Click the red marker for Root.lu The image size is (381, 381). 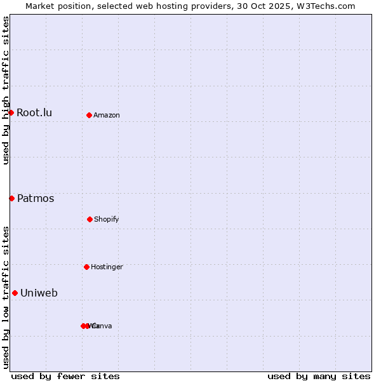click(11, 112)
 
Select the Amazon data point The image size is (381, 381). click(89, 115)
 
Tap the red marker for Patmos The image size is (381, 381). click(11, 198)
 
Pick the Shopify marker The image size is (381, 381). click(90, 219)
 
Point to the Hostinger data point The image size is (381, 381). click(86, 267)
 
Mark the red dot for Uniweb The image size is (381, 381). click(15, 293)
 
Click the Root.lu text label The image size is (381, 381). click(34, 113)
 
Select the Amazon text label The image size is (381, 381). click(107, 116)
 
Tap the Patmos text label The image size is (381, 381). click(36, 199)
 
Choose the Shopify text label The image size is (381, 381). click(107, 220)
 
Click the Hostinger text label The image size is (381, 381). click(107, 267)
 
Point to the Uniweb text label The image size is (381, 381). click(39, 293)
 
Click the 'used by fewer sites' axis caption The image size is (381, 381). click(65, 376)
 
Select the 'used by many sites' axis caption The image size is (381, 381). click(319, 376)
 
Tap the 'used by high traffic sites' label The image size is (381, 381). click(6, 90)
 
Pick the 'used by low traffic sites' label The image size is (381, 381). click(6, 297)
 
